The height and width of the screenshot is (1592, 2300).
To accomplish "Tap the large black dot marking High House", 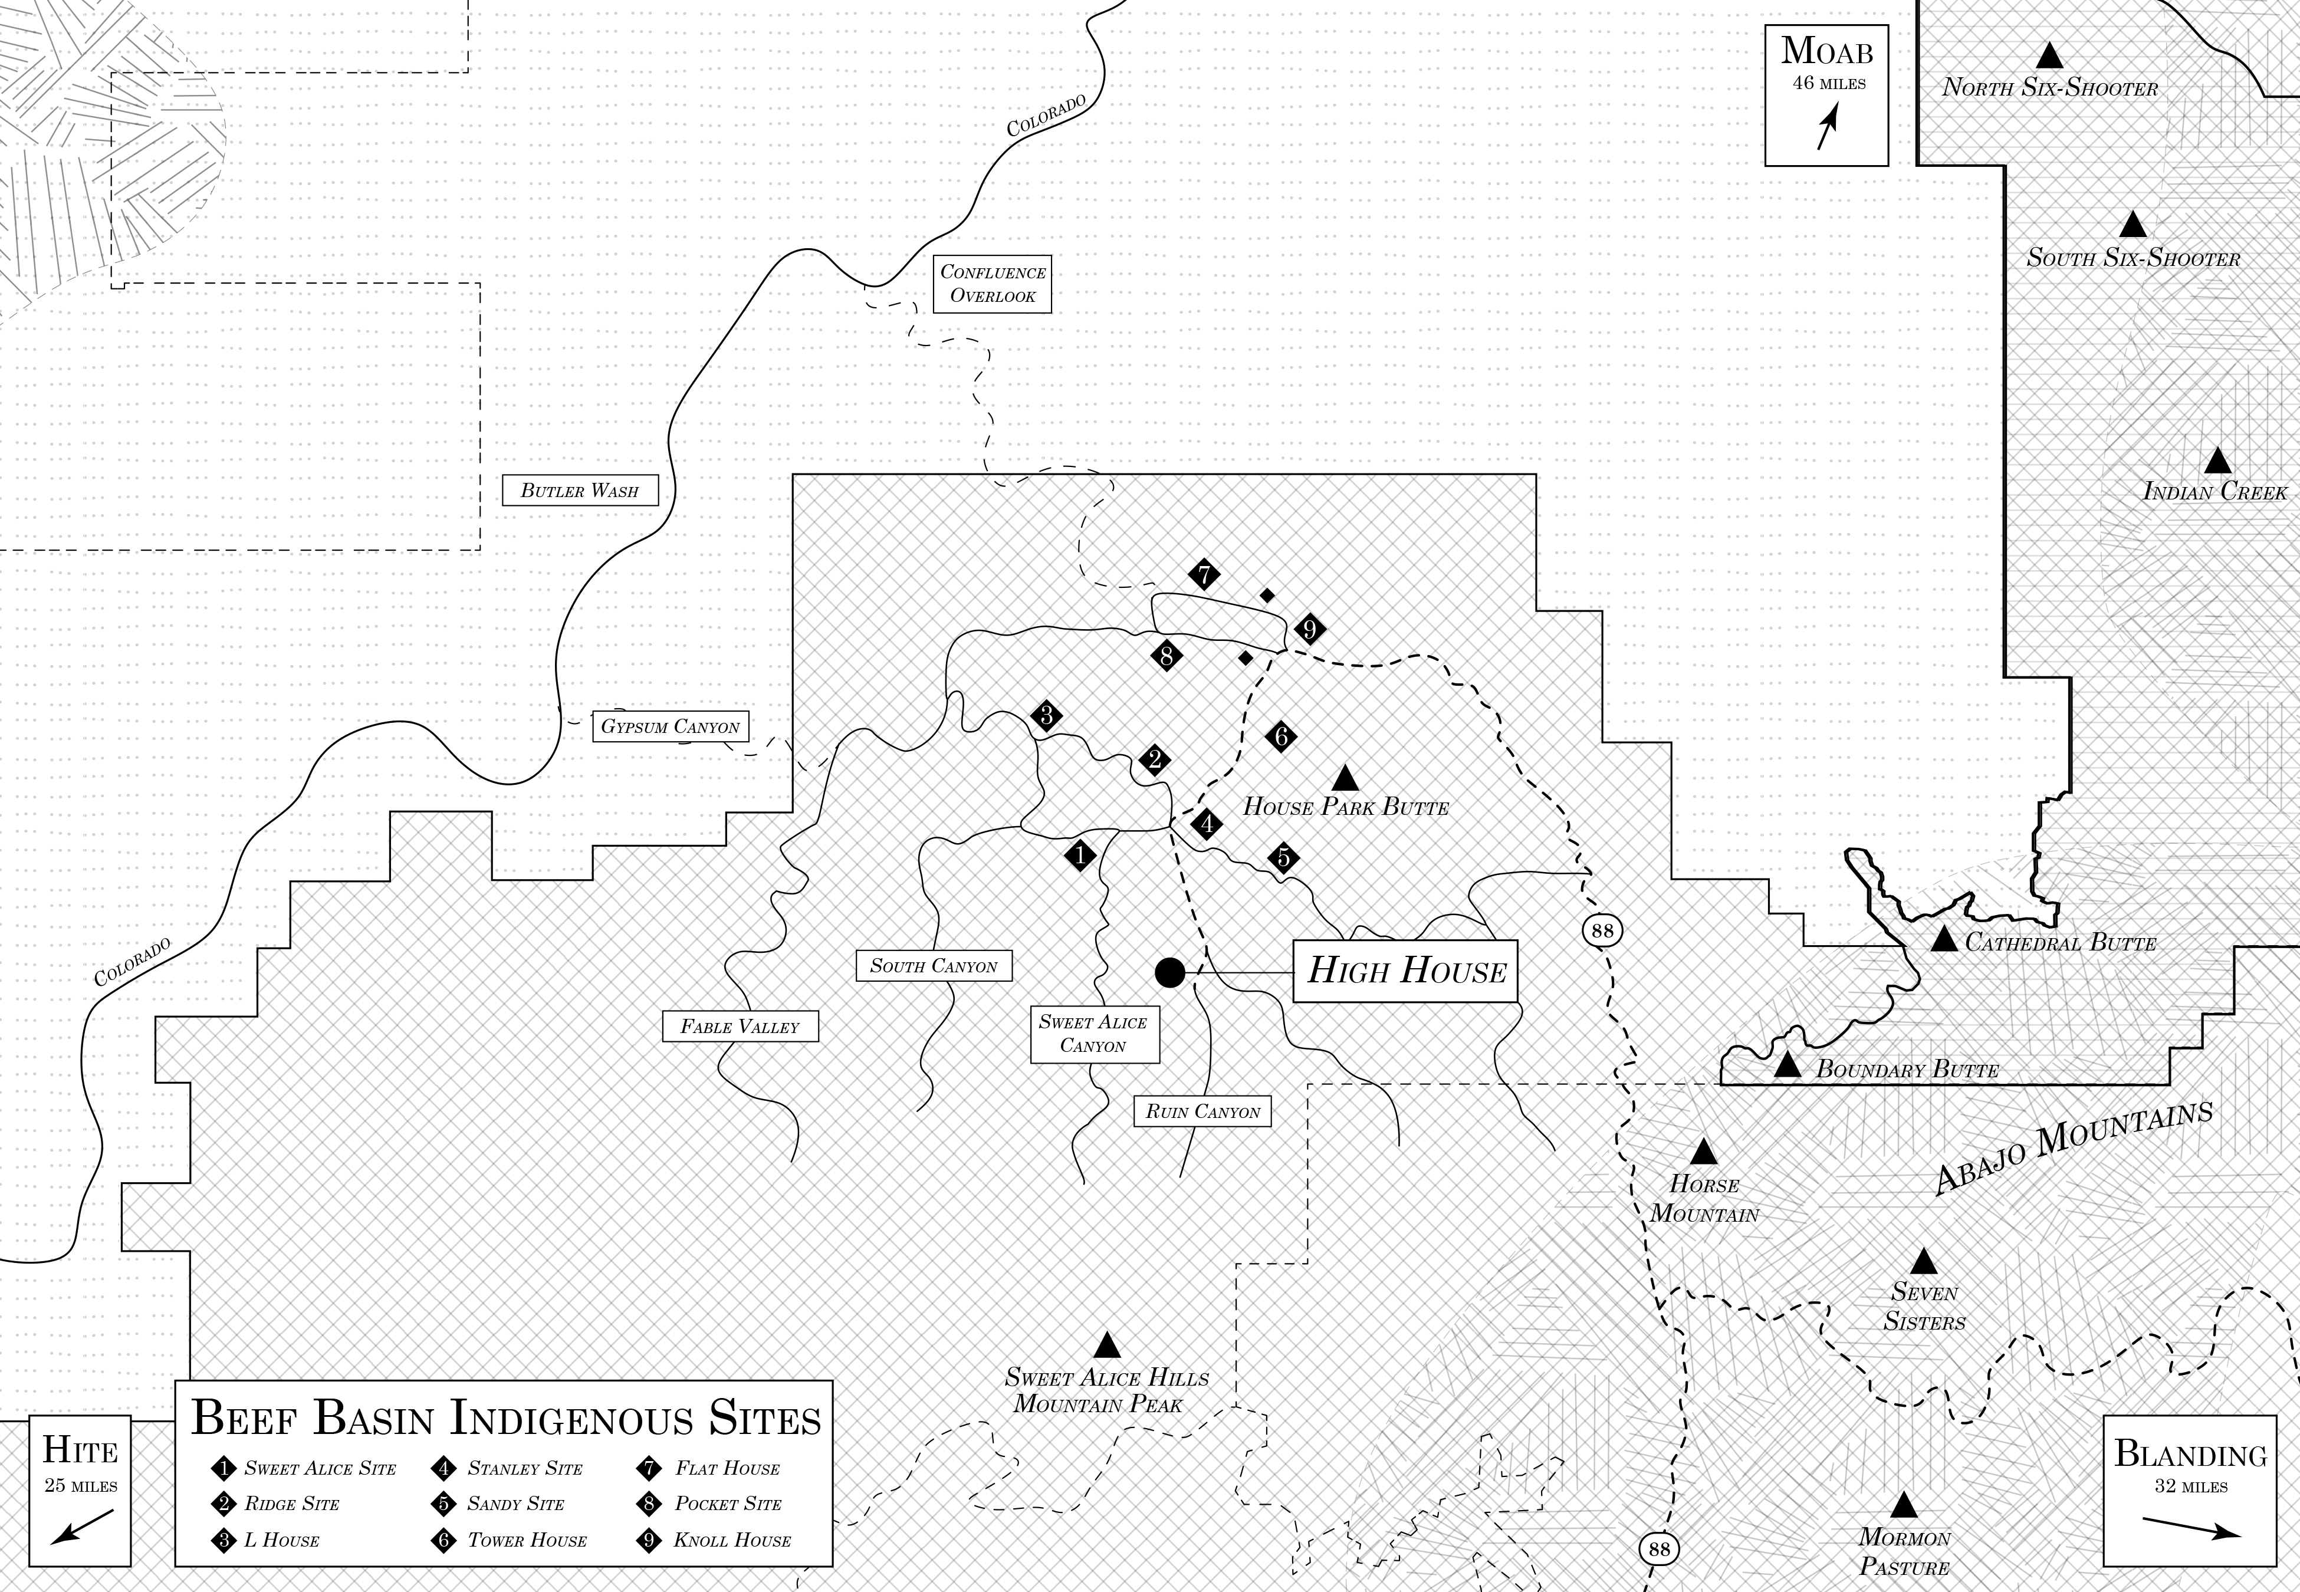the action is pyautogui.click(x=1170, y=972).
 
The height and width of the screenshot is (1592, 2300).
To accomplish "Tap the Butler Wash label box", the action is pyautogui.click(x=580, y=491).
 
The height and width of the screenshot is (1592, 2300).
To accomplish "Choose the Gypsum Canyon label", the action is pyautogui.click(x=671, y=726).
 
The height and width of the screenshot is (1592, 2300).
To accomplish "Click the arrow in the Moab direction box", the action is pyautogui.click(x=1826, y=129).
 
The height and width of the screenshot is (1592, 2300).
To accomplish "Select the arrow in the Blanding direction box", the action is pyautogui.click(x=2190, y=1527).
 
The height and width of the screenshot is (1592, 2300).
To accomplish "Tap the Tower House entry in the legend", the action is pyautogui.click(x=515, y=1540).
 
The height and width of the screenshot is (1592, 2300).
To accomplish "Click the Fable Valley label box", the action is pyautogui.click(x=740, y=1027).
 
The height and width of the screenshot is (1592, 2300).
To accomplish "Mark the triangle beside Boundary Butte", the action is pyautogui.click(x=1788, y=1066).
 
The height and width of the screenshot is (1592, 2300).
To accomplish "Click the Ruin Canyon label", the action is pyautogui.click(x=1202, y=1111).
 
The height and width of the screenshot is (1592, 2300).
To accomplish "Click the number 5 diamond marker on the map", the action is pyautogui.click(x=1284, y=857).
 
